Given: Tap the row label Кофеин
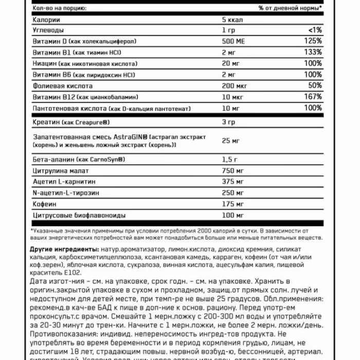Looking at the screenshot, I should point(44,204).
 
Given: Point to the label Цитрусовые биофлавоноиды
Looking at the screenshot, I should point(78,215).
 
